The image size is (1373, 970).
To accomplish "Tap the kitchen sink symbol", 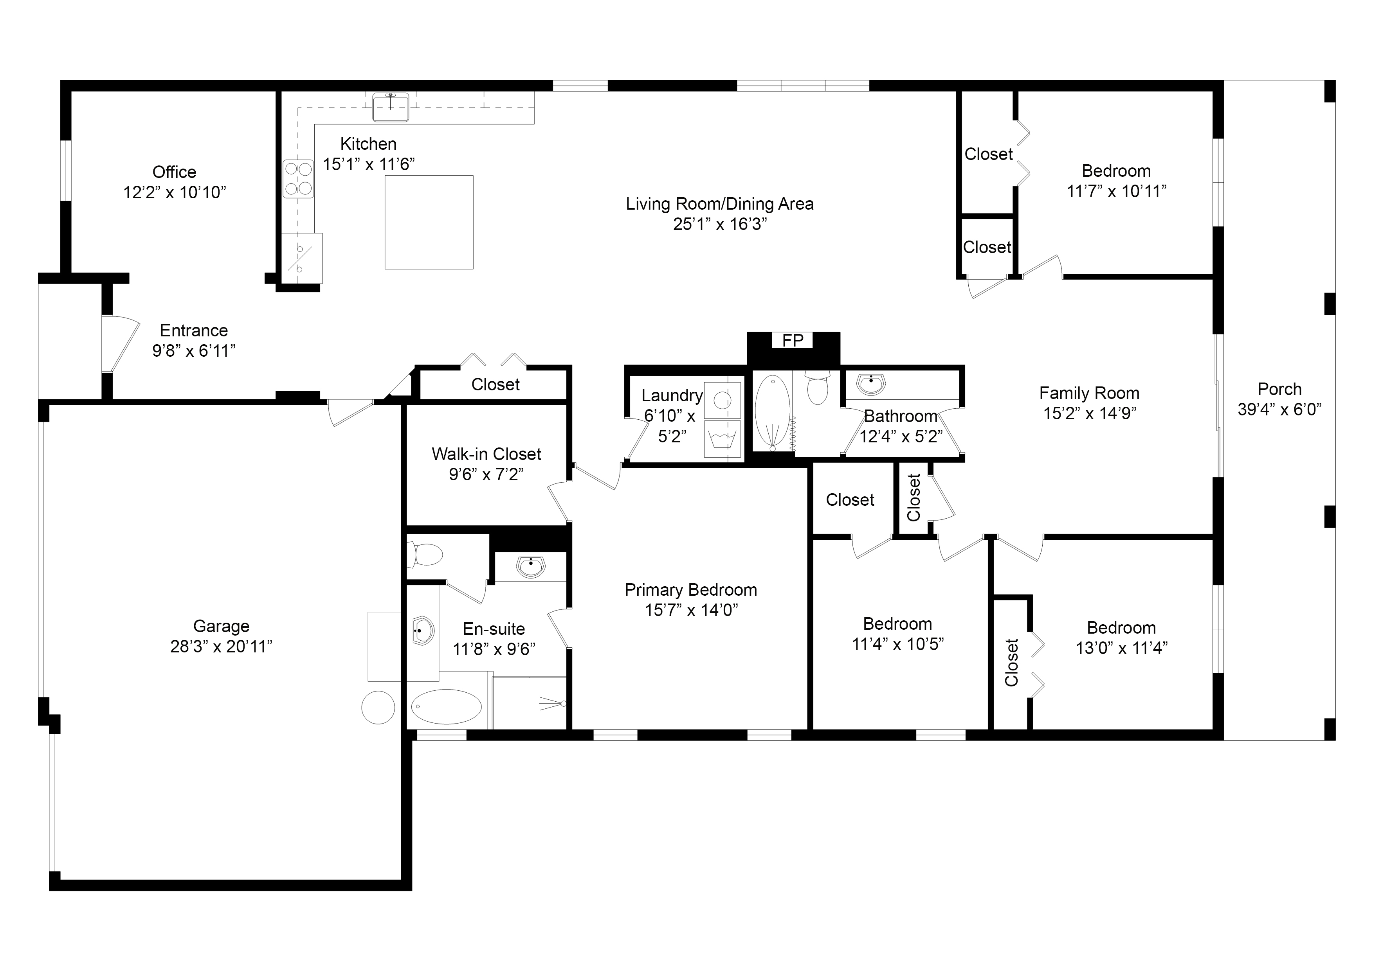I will (x=391, y=108).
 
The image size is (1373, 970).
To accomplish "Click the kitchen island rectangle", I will (x=429, y=222).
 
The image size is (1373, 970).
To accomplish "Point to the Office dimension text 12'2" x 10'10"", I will (x=175, y=192).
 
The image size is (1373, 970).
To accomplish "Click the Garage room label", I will (x=221, y=626).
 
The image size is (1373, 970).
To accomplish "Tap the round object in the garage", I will (x=378, y=707).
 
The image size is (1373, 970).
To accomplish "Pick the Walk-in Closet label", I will (x=486, y=454).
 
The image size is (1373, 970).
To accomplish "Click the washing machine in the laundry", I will (x=723, y=400).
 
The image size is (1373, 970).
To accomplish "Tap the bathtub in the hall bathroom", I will (x=772, y=412).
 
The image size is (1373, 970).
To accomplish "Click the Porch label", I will (x=1279, y=389).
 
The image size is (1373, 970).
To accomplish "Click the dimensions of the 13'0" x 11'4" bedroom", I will (x=1121, y=648).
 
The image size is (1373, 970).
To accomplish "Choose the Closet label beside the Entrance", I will (x=495, y=384).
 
